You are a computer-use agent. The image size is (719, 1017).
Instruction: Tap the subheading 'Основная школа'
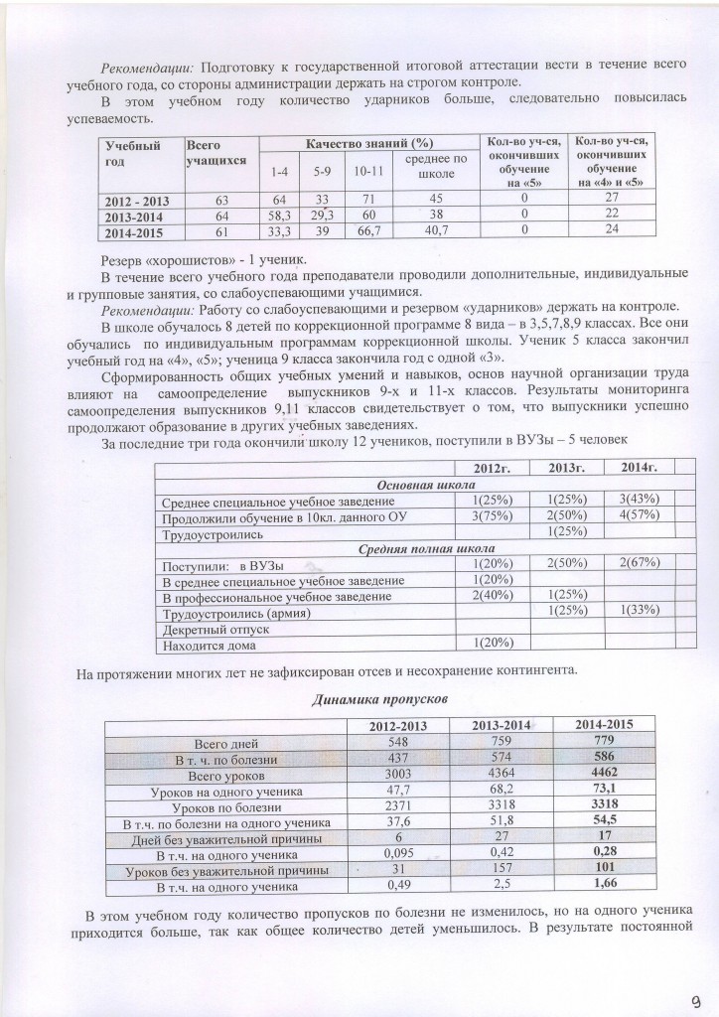(x=413, y=484)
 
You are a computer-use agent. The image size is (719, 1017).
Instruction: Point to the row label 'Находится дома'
(x=209, y=646)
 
